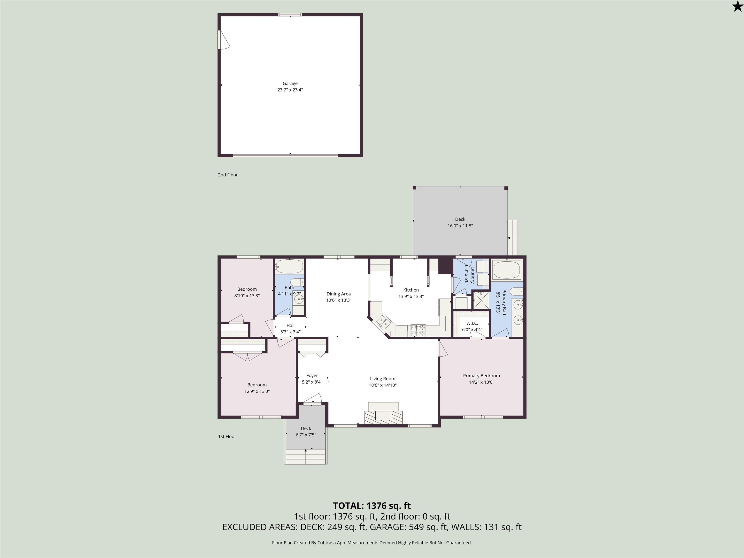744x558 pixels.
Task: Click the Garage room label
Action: click(x=290, y=83)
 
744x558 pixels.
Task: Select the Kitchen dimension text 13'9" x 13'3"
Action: click(x=411, y=296)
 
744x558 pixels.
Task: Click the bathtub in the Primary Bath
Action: click(x=507, y=270)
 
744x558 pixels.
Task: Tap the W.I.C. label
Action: click(x=472, y=323)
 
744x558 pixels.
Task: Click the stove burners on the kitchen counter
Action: click(x=418, y=330)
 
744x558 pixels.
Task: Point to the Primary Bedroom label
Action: click(x=481, y=376)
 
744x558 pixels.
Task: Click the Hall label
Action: click(x=290, y=325)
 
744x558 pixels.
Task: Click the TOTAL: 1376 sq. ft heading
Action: click(x=372, y=505)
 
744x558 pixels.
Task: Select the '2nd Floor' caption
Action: click(x=228, y=175)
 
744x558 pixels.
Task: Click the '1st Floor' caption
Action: click(x=227, y=436)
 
